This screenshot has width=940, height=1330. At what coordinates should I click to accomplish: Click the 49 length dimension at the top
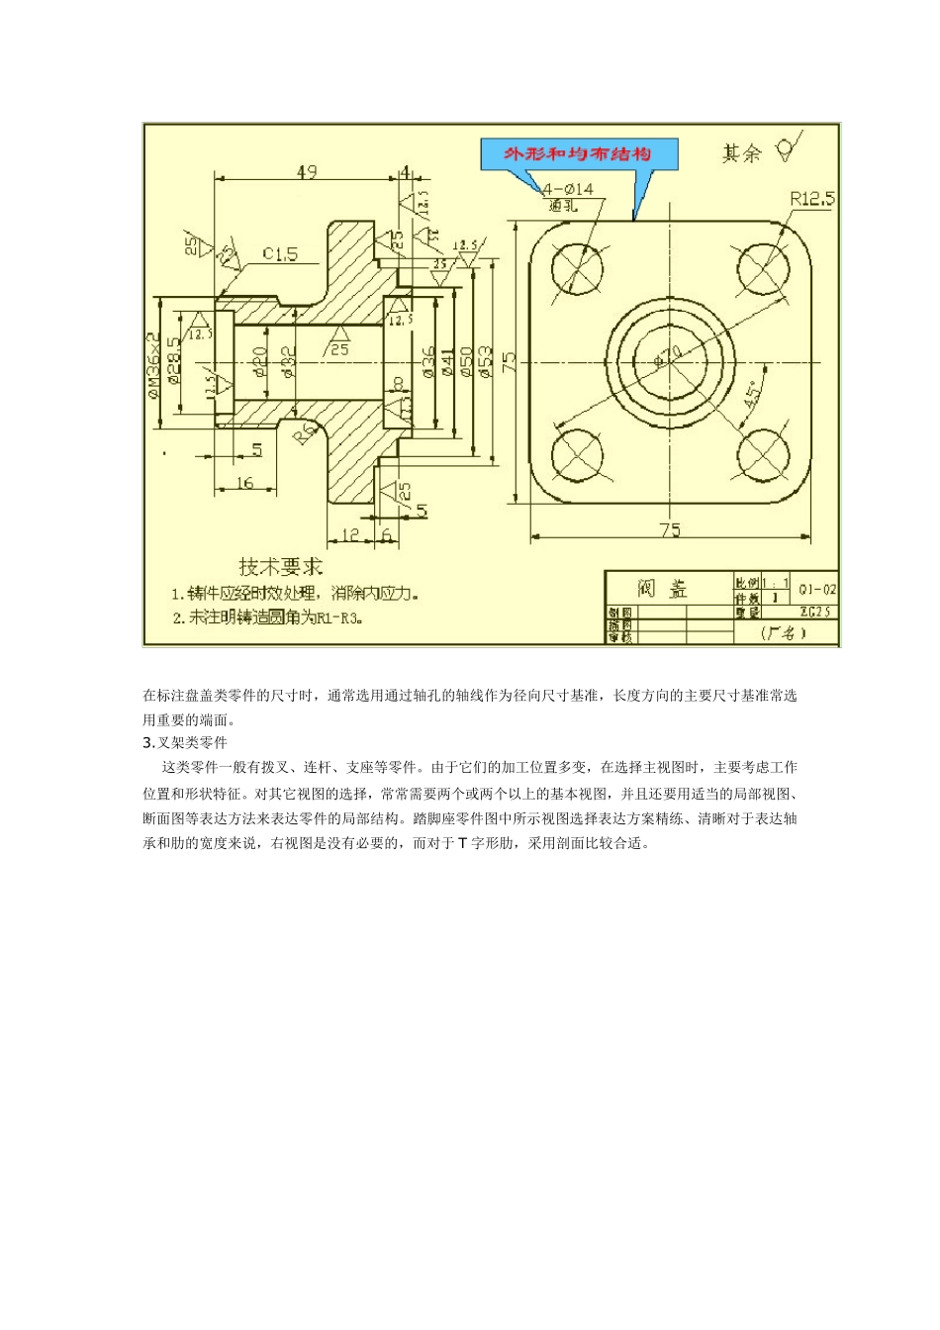[306, 172]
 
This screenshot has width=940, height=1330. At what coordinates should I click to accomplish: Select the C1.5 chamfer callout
[280, 254]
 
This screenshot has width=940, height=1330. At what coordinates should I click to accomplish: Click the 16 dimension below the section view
[244, 483]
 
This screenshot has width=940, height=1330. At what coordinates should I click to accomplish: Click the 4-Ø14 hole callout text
[568, 188]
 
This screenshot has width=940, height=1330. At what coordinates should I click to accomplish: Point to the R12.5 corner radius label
[812, 199]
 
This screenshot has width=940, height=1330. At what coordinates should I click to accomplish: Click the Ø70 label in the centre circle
[669, 353]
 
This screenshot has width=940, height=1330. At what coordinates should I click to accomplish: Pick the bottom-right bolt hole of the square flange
[764, 454]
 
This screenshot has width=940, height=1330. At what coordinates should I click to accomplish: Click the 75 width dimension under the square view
[670, 530]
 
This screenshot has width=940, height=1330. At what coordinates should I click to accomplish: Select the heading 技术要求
[281, 567]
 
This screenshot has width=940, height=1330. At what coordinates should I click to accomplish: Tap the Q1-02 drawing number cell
[817, 589]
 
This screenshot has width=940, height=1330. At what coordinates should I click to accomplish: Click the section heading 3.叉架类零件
[185, 742]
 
